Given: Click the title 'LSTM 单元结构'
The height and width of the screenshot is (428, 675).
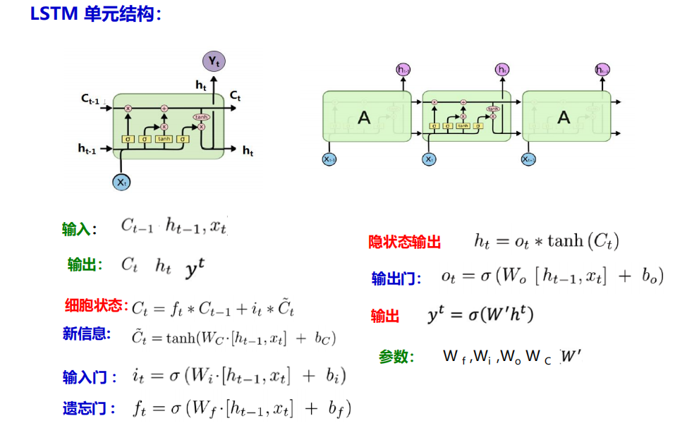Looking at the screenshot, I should [x=95, y=14].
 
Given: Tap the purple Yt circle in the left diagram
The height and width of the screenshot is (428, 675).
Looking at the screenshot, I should [x=214, y=61].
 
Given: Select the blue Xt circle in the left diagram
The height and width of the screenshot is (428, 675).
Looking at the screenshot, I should [x=122, y=182].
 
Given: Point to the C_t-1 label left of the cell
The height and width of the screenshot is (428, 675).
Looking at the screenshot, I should [x=90, y=99].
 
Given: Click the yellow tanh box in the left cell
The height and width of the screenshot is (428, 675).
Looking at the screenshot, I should [x=164, y=139].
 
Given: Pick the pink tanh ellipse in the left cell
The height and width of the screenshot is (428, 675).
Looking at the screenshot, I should [x=201, y=116].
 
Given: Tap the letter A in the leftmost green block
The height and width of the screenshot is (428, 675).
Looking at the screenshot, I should [x=364, y=118].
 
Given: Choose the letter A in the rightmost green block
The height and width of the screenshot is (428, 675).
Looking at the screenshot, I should [x=564, y=117].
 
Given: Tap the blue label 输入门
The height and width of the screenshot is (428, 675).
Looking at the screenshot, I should [x=87, y=377].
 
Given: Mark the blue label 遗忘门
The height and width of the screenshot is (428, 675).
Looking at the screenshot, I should [x=87, y=408].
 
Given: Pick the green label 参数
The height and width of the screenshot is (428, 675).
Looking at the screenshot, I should [x=395, y=357].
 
